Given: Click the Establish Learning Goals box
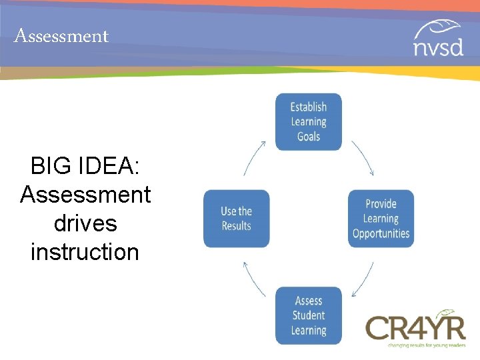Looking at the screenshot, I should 309,121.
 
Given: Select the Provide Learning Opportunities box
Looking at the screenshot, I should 381,219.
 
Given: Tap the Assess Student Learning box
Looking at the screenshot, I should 309,315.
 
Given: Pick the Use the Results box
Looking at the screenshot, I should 236,219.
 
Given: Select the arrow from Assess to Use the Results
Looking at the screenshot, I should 254,279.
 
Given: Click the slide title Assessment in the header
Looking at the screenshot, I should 61,36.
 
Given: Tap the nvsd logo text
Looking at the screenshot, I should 437,48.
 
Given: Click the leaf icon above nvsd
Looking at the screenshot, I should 437,29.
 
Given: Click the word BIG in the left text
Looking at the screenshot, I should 53,166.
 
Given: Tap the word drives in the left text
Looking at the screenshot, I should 85,223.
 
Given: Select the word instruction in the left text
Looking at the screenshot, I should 85,252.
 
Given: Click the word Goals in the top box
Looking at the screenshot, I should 309,137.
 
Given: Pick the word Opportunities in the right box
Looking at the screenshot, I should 381,233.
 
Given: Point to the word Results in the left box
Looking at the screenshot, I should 236,226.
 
